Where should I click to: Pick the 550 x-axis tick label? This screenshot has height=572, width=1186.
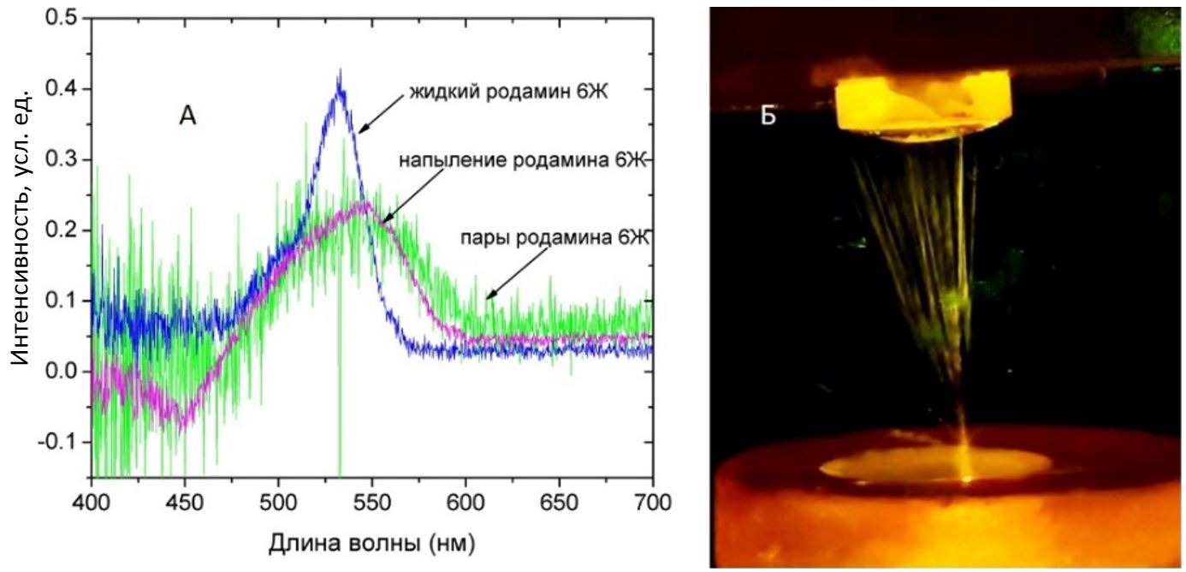[x=371, y=497]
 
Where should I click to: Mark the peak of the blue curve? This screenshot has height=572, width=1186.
[x=340, y=77]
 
